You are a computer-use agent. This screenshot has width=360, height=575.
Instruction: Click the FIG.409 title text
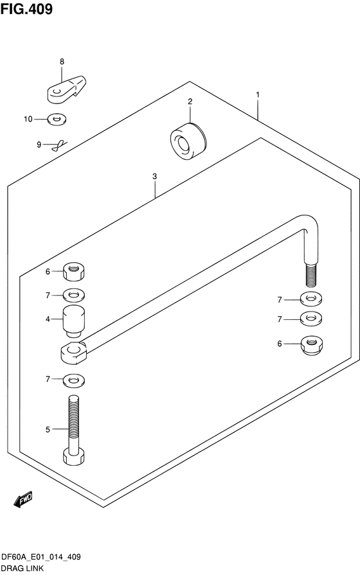point(26,9)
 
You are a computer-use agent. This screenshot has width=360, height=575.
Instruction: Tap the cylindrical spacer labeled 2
point(188,141)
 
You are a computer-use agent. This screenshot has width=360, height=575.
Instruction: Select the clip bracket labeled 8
point(66,89)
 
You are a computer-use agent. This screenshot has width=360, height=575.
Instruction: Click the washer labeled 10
point(57,119)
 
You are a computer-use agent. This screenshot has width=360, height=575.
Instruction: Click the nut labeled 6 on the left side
point(74,272)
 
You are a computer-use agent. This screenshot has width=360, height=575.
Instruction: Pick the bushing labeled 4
point(74,321)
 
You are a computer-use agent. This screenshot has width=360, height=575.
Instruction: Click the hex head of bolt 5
point(74,456)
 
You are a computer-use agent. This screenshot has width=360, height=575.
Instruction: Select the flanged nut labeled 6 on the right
point(312,346)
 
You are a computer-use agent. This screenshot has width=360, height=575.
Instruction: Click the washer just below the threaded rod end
point(311,299)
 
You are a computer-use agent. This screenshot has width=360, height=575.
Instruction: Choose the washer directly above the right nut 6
point(311,318)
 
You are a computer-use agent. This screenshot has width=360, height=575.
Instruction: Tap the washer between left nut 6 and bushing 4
point(74,295)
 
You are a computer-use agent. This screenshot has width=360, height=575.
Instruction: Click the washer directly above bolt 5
point(74,380)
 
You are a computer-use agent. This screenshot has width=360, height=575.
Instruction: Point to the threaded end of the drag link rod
point(310,275)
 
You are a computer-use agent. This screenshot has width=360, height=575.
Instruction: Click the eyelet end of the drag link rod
point(74,353)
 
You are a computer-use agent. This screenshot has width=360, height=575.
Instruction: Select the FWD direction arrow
point(23,499)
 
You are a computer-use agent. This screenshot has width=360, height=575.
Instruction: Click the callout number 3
point(154,177)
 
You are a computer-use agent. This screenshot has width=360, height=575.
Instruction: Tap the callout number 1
point(258,94)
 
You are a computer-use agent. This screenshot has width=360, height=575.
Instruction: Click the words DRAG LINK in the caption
point(22,569)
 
